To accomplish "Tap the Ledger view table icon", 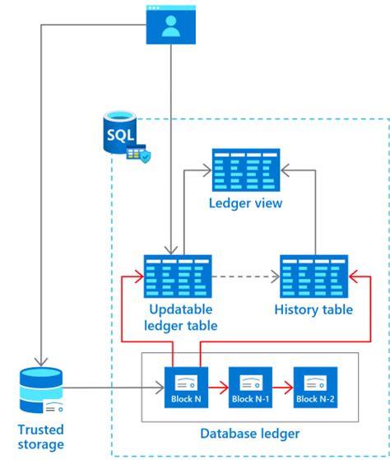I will click(x=246, y=170).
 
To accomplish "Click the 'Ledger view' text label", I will click(x=246, y=202).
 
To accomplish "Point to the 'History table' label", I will click(x=313, y=309).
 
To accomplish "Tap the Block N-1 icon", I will click(x=249, y=383).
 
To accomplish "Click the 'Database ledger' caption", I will click(x=249, y=434).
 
